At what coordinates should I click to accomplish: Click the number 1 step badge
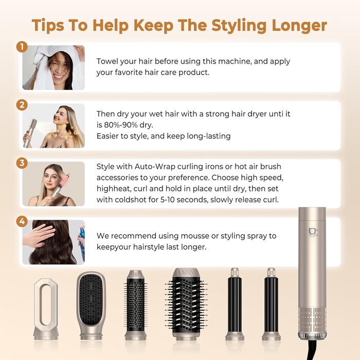tap(22, 47)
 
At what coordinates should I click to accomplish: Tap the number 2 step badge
tap(22, 105)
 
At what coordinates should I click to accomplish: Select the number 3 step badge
tap(22, 163)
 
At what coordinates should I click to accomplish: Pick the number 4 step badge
tap(22, 221)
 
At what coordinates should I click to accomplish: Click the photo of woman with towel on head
tap(53, 67)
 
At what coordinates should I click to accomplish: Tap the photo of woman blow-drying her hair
tap(53, 126)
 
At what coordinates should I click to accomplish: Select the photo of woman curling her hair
tap(53, 184)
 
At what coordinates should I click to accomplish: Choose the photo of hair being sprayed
tap(53, 242)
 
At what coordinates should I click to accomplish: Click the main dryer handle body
tap(312, 267)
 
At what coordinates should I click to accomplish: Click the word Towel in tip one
tap(108, 61)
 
